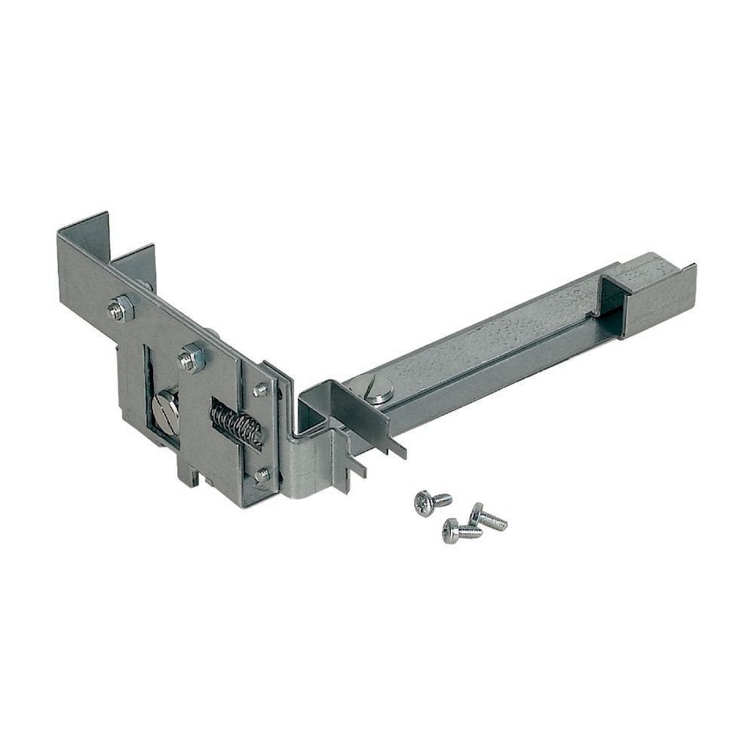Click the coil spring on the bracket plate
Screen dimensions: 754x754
[236, 422]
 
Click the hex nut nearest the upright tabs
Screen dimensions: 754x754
[121, 308]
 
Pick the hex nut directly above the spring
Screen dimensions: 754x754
[192, 357]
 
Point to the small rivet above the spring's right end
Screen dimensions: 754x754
[261, 390]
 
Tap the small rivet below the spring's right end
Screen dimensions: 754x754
[262, 475]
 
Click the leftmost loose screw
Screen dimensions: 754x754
[425, 503]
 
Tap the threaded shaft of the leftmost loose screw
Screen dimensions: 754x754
[441, 499]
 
